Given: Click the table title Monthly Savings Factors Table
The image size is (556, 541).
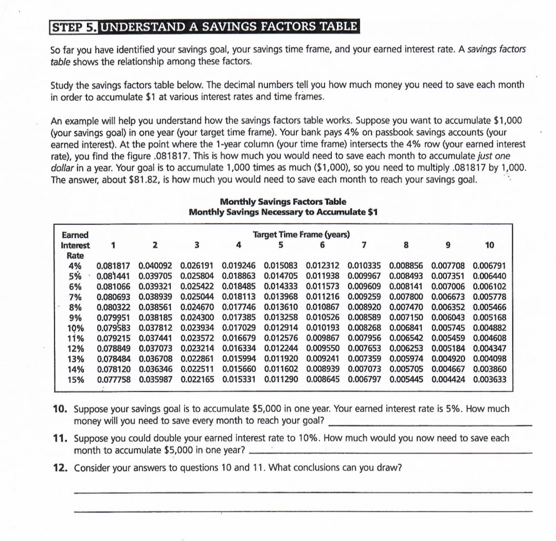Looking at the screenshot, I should (x=283, y=202).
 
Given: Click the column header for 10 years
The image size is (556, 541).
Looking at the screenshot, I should (x=489, y=246).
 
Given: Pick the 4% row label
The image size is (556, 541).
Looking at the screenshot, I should (x=75, y=266).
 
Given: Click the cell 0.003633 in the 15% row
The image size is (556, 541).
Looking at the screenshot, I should (x=489, y=380).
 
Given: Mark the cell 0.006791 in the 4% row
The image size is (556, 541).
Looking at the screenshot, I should (x=489, y=266).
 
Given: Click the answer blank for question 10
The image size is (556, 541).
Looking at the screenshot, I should (x=428, y=423).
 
